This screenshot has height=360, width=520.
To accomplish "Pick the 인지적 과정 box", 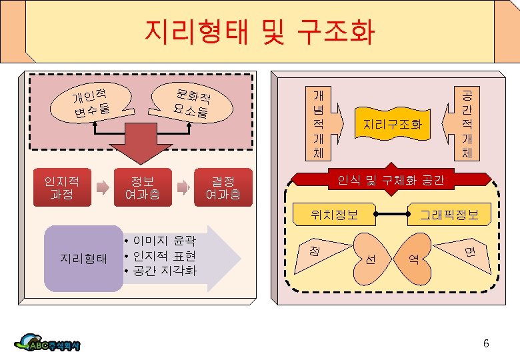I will [x=61, y=188].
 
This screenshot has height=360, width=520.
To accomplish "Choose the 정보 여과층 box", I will [x=142, y=188].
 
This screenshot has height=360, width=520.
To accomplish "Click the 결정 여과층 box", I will [x=223, y=188].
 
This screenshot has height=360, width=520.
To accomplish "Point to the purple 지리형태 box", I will [x=83, y=259].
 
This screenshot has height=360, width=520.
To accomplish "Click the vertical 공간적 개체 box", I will [x=467, y=123].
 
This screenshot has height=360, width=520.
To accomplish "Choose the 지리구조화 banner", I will [x=393, y=124].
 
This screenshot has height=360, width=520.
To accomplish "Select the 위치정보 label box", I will [x=334, y=214].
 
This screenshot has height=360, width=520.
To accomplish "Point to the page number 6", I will [x=485, y=344].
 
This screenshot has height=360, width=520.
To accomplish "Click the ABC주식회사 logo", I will [x=50, y=343].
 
